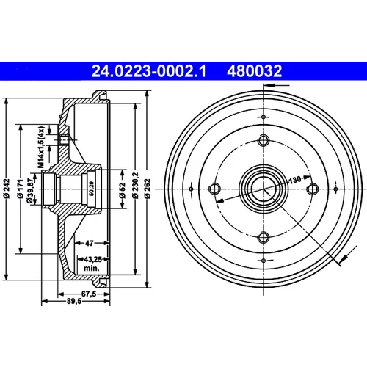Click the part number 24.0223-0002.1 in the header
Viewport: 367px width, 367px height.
tap(149, 71)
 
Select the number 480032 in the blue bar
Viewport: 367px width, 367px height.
tap(255, 71)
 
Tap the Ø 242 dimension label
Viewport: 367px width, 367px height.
tap(7, 189)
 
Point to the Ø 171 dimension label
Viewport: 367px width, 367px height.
tap(21, 189)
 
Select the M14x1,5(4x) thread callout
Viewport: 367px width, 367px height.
tap(41, 147)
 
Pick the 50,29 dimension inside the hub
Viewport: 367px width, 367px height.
tap(92, 189)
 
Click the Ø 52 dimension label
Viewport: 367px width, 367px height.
tap(122, 190)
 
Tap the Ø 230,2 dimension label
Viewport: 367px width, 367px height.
tap(135, 186)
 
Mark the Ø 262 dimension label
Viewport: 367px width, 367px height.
tap(147, 189)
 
